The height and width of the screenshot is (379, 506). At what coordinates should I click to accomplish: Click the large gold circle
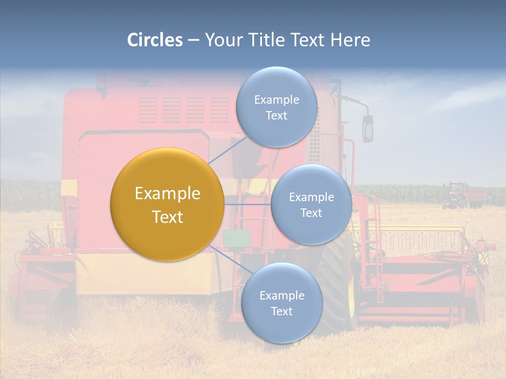click(x=168, y=204)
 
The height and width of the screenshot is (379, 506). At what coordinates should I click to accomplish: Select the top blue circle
click(x=276, y=107)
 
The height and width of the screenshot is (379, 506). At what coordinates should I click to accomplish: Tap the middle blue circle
click(x=311, y=204)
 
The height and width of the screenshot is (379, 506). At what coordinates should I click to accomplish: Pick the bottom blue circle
click(x=281, y=303)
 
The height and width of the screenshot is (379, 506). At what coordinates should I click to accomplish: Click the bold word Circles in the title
click(x=155, y=40)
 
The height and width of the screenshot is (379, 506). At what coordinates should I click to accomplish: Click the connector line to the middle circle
click(x=248, y=204)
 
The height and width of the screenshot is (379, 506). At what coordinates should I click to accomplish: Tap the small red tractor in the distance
click(x=456, y=195)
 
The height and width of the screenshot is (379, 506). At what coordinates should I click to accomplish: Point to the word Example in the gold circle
click(x=168, y=194)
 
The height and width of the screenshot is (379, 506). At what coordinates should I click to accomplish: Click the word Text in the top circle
click(x=276, y=115)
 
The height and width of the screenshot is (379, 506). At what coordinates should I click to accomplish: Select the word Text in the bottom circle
click(x=281, y=311)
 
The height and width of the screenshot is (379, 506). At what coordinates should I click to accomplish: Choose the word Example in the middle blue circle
click(x=311, y=197)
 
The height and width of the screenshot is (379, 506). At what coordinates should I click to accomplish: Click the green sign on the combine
click(x=236, y=238)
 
